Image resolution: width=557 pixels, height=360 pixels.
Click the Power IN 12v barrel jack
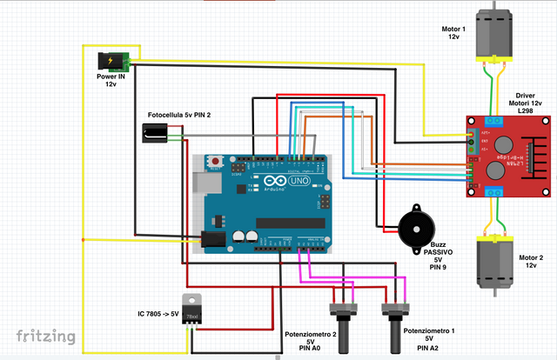tap(112, 62)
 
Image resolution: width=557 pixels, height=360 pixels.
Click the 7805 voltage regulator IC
tap(194, 311)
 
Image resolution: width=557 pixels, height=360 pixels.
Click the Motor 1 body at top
tap(493, 33)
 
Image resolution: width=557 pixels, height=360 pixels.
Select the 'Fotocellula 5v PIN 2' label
tap(178, 115)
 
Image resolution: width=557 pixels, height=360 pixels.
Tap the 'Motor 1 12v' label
tap(453, 33)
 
